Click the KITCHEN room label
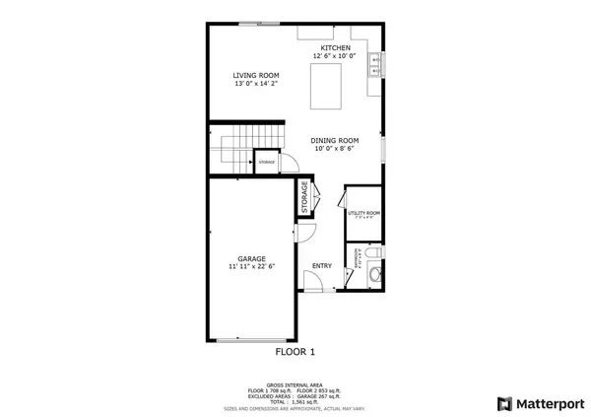[x=335, y=48]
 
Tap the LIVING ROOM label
[x=256, y=76]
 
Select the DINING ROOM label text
[x=335, y=141]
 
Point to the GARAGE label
[x=252, y=257]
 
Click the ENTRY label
[x=322, y=265]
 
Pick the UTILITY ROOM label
[x=364, y=213]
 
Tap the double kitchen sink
[x=375, y=65]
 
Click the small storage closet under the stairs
[x=267, y=161]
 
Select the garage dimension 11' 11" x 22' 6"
[x=252, y=266]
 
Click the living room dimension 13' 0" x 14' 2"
[x=256, y=85]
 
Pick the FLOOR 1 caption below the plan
[x=295, y=351]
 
